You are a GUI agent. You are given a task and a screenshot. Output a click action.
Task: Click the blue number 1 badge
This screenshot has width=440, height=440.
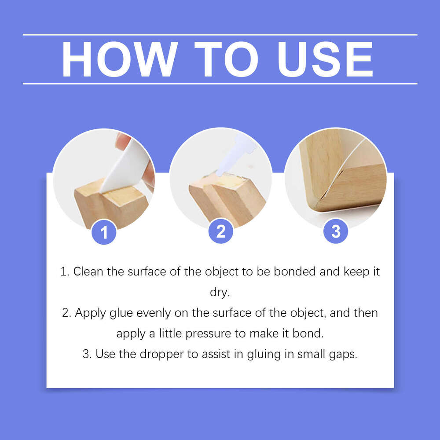[104, 232]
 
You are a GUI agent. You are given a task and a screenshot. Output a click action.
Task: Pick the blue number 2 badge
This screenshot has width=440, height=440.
[220, 231]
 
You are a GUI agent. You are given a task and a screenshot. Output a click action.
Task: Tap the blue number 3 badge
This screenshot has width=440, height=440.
[336, 231]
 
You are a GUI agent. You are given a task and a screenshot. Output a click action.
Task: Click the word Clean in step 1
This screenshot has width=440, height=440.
[89, 271]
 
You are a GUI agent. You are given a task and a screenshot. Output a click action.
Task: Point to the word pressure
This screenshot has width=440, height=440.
[207, 334]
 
